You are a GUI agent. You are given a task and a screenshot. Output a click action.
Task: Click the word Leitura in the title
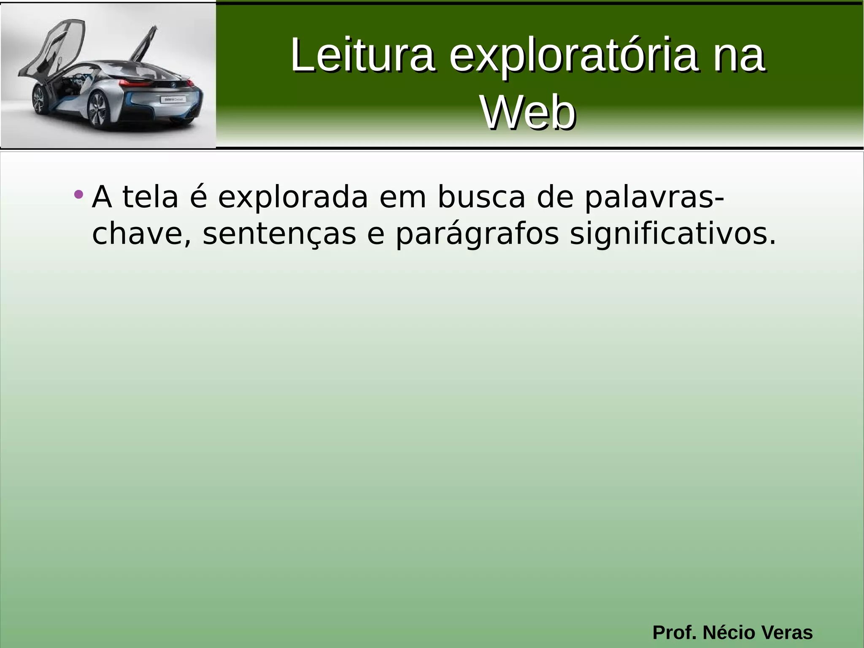click(362, 55)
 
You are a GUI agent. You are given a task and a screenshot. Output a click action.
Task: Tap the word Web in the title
click(528, 112)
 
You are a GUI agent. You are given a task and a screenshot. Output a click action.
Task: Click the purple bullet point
click(78, 195)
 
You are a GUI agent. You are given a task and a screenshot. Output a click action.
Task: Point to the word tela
click(150, 197)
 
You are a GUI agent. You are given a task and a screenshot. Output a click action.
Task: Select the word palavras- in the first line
click(654, 198)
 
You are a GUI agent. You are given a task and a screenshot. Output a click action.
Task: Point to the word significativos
click(672, 234)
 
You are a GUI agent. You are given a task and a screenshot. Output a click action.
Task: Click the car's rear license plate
click(173, 99)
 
